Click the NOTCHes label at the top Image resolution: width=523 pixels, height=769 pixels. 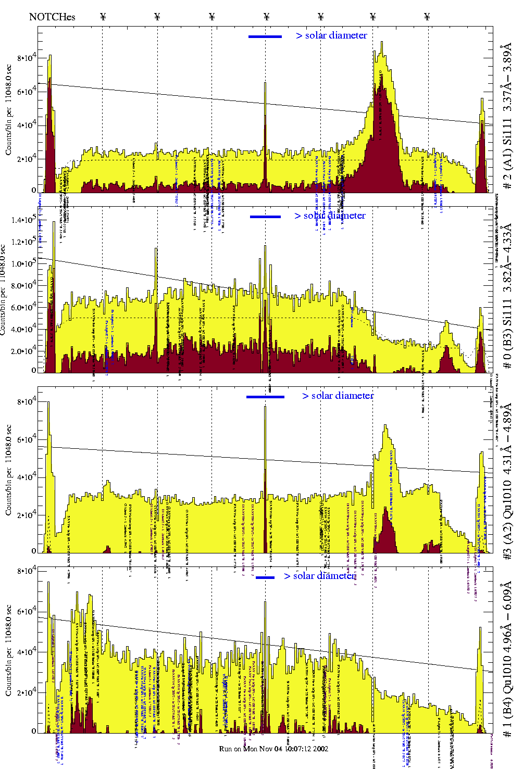point(52,17)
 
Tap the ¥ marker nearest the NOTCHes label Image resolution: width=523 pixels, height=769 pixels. point(103,17)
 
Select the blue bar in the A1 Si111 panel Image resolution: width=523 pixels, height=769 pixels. point(265,36)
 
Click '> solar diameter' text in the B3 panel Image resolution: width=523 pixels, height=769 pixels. point(330,216)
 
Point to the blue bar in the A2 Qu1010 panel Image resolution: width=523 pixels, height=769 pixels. point(265,397)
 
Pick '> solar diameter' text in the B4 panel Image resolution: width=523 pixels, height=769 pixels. point(320,576)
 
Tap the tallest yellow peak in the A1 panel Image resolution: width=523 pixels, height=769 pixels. point(382,43)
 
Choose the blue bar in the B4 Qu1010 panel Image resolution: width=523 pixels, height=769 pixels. point(265,577)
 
